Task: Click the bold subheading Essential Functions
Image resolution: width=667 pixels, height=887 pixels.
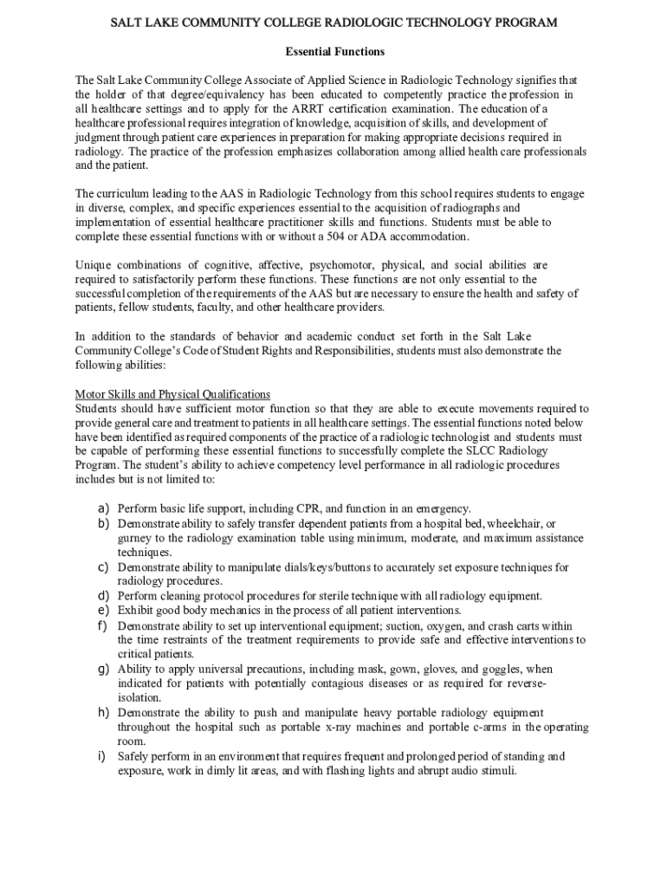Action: (333, 53)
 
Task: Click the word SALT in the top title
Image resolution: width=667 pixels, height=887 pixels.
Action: (129, 22)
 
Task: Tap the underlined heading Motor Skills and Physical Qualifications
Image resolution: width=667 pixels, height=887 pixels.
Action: (172, 394)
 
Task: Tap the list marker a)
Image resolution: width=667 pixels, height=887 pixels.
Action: (102, 508)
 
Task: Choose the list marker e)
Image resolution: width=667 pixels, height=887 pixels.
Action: (102, 610)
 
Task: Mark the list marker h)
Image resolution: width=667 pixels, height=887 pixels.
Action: (102, 712)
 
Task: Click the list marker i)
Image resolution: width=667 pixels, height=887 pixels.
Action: (100, 755)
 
